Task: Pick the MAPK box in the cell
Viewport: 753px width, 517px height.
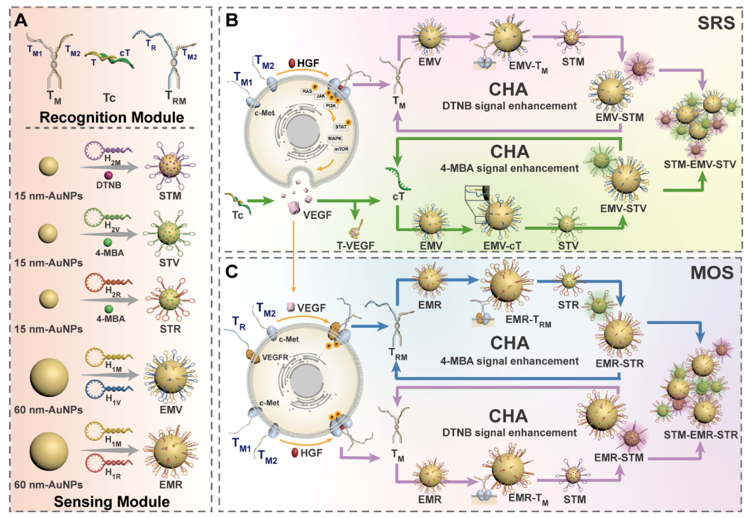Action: click(335, 138)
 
